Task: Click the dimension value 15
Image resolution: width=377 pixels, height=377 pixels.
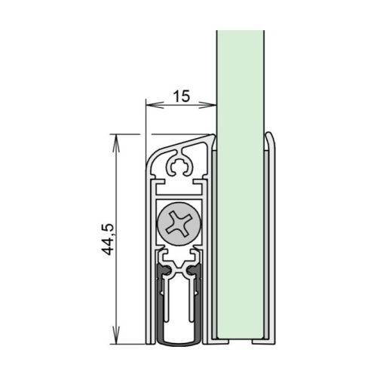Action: pos(182,97)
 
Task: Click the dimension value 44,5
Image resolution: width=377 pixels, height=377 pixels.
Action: pos(107,239)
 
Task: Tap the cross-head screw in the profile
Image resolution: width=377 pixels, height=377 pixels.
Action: pos(179,224)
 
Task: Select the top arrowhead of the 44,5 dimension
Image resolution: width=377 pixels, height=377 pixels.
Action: pos(115,143)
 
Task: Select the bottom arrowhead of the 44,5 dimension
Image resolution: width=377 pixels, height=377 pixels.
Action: pos(115,335)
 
